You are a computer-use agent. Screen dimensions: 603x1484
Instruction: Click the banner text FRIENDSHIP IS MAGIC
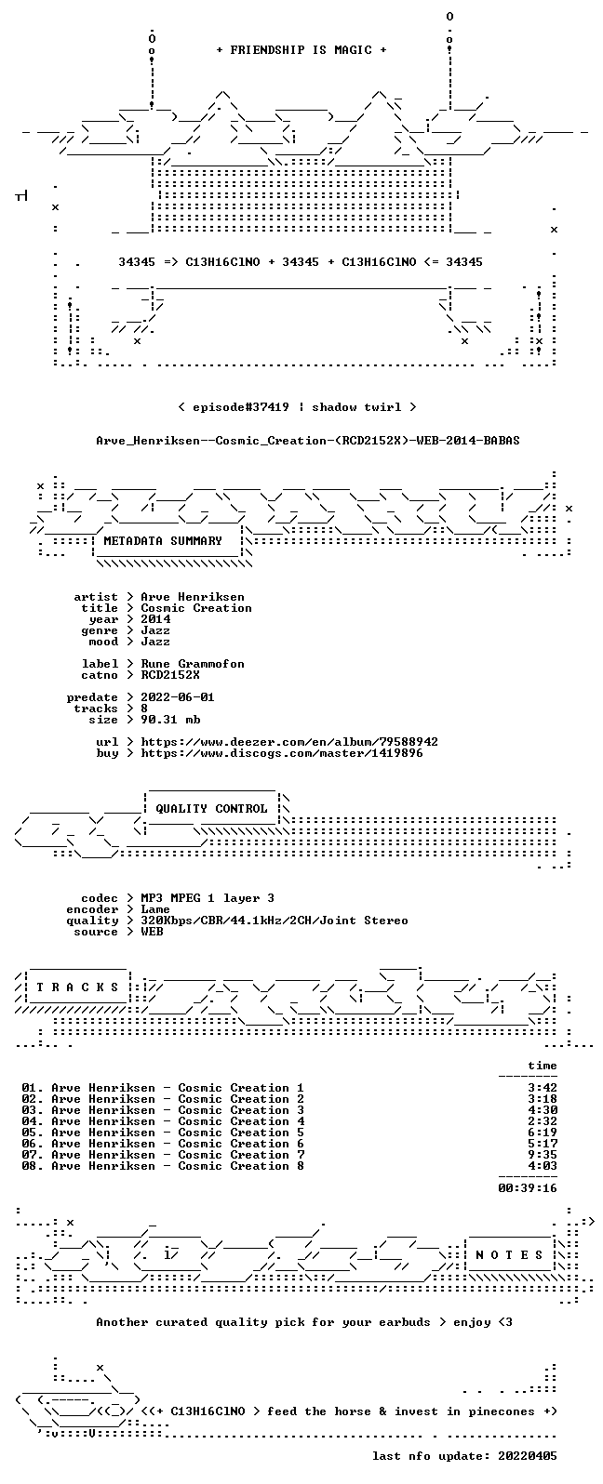click(301, 49)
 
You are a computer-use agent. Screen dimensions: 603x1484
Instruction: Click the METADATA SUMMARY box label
click(163, 540)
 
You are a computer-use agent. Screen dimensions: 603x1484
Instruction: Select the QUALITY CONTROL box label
click(211, 808)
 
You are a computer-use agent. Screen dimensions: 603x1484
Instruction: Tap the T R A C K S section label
click(77, 987)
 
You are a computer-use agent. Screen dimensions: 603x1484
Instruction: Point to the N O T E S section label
click(509, 1254)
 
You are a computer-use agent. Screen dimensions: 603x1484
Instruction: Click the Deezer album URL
click(289, 742)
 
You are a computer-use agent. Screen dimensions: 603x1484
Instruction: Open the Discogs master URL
click(282, 753)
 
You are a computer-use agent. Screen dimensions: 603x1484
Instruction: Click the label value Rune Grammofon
click(193, 664)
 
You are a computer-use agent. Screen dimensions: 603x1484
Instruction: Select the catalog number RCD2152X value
click(169, 675)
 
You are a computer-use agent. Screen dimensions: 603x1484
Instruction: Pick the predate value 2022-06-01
click(178, 697)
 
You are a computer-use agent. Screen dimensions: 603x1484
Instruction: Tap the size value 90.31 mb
click(170, 720)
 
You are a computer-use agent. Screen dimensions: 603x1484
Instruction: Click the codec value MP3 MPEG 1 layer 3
click(208, 898)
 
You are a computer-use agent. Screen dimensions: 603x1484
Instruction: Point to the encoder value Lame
click(155, 909)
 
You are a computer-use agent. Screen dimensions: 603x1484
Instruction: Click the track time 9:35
click(543, 1155)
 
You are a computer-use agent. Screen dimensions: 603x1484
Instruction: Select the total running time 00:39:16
click(528, 1188)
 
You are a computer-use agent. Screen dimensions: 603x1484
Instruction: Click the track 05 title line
click(163, 1133)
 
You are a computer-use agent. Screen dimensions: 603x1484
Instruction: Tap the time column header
click(543, 1066)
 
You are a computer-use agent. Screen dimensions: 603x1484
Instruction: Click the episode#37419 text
click(241, 407)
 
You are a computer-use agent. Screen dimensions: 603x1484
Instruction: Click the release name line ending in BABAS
click(308, 441)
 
